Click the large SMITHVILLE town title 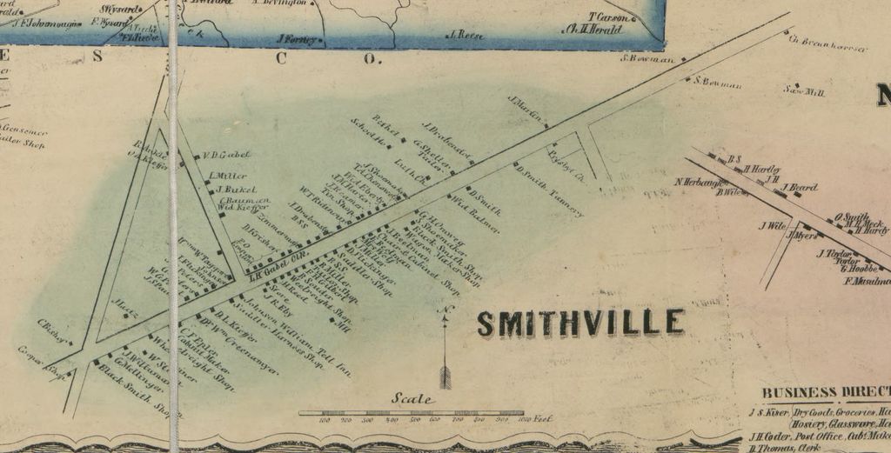click(x=580, y=323)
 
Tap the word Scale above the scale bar click(x=412, y=399)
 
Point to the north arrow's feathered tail click(x=445, y=376)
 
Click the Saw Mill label click(x=804, y=90)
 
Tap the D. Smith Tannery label click(x=548, y=190)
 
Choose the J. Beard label click(x=800, y=187)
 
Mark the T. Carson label click(x=608, y=17)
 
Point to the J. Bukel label click(x=235, y=189)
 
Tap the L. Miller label click(x=229, y=176)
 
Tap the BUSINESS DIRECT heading click(x=825, y=392)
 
